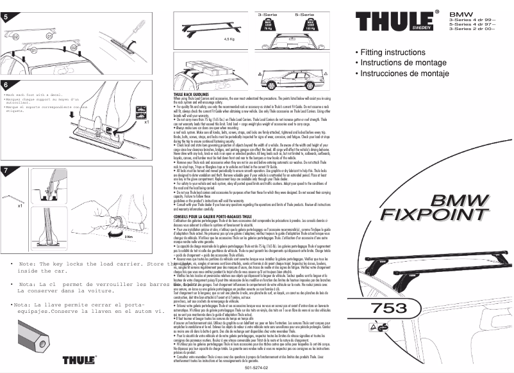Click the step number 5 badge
6,17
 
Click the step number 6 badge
6,84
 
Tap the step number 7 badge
6,170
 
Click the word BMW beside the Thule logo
461,13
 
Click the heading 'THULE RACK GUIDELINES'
196,93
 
